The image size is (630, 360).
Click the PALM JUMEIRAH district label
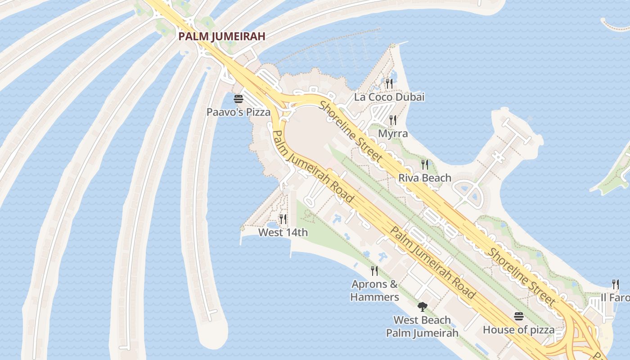222,36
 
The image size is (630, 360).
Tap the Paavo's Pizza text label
238,112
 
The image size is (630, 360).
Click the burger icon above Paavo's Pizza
238,99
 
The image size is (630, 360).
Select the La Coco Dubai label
389,97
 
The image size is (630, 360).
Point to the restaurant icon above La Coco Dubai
389,83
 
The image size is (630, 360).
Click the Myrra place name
393,134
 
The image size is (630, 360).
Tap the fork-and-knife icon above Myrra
393,120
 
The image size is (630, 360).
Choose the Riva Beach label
425,178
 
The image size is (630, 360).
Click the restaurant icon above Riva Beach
425,164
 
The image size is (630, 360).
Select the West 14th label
283,232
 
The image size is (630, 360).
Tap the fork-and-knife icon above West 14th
283,219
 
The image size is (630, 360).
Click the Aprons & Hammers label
375,290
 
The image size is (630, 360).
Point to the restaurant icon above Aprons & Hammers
374,270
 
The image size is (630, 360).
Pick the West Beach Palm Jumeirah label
422,326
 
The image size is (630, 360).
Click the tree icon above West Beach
422,307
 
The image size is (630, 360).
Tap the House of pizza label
519,330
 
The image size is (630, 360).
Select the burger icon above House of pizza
519,316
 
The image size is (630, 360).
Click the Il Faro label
615,298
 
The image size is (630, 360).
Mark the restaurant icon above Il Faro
616,284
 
